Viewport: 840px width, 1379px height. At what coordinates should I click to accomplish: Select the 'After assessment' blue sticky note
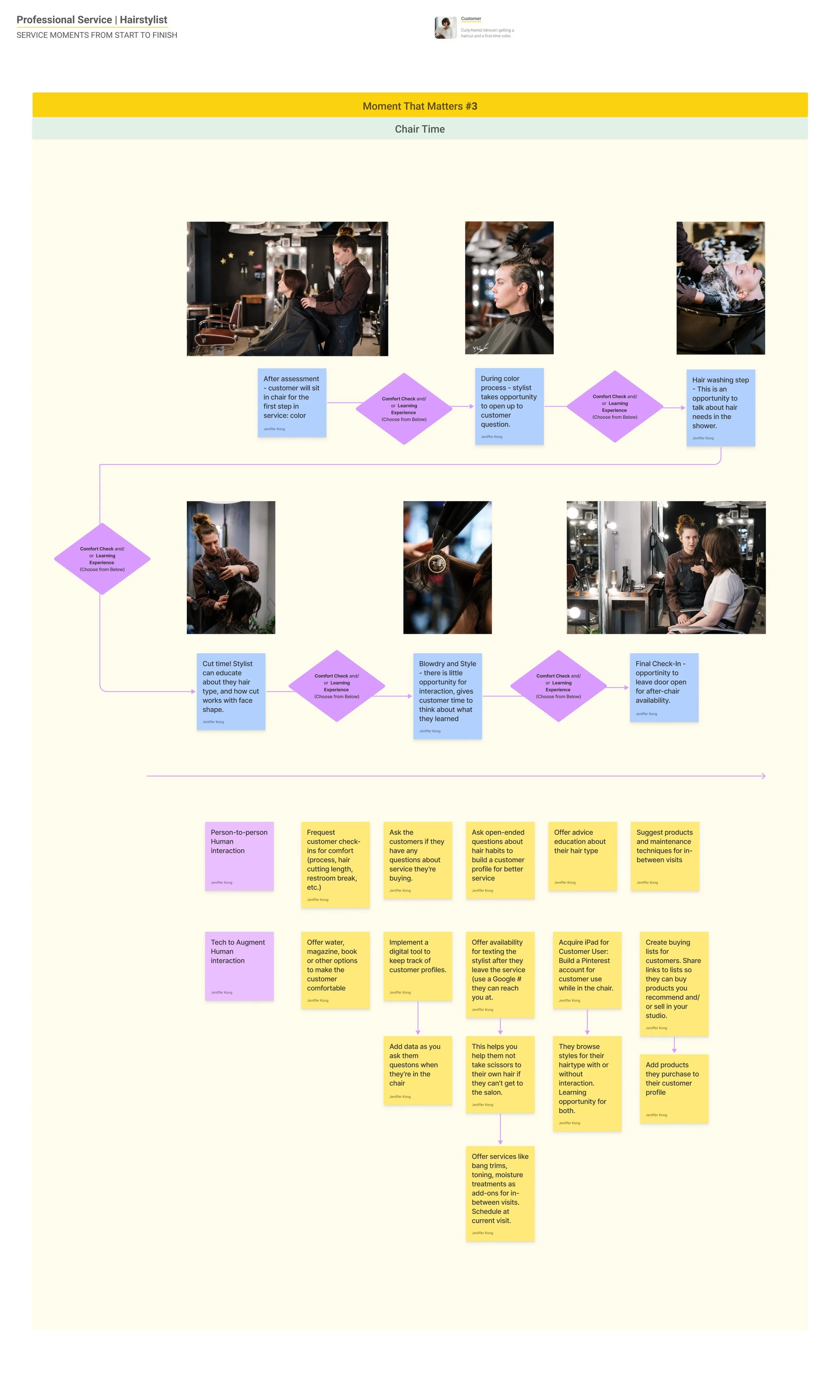tap(291, 402)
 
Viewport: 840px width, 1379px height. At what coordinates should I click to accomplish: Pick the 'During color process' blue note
tap(509, 406)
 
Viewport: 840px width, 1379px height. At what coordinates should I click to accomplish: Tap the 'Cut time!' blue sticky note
tap(230, 691)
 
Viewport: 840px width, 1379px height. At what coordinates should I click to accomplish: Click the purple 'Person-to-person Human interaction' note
tap(239, 855)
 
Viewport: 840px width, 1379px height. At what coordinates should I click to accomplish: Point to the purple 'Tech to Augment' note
tap(239, 965)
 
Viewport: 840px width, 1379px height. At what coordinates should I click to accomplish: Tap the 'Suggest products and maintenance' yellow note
tap(664, 855)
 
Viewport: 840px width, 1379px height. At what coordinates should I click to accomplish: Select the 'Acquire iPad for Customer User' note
tap(587, 969)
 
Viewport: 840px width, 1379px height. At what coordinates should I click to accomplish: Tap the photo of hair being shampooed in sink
tap(720, 288)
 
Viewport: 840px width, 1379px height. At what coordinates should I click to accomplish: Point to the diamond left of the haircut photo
tap(102, 559)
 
